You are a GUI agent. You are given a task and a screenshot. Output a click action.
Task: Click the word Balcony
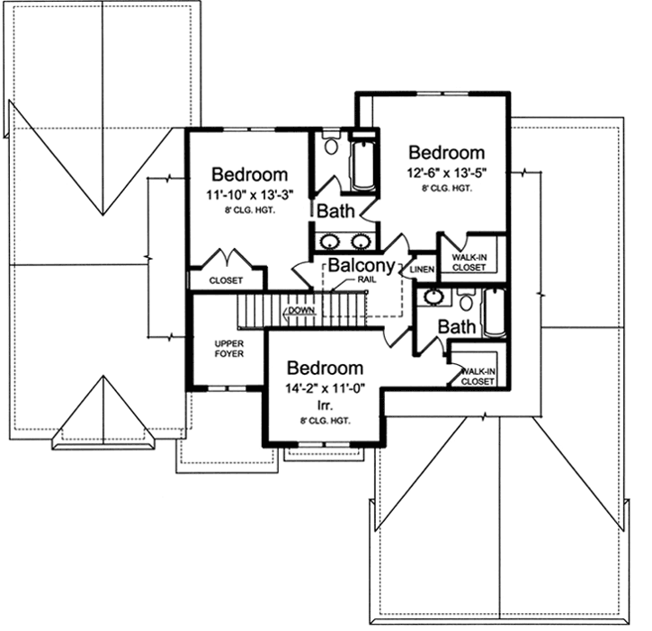361,266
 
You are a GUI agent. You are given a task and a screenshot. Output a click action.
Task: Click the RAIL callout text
366,281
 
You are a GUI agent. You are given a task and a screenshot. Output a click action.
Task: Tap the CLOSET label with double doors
226,280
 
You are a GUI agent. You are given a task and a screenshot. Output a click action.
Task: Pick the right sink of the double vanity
361,241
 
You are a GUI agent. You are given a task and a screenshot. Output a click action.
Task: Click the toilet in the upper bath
330,145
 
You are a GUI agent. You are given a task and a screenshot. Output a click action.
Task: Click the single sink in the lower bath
433,297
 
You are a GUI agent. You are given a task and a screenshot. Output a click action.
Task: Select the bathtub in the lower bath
495,313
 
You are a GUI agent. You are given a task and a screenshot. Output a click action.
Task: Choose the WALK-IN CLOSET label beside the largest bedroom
469,262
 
